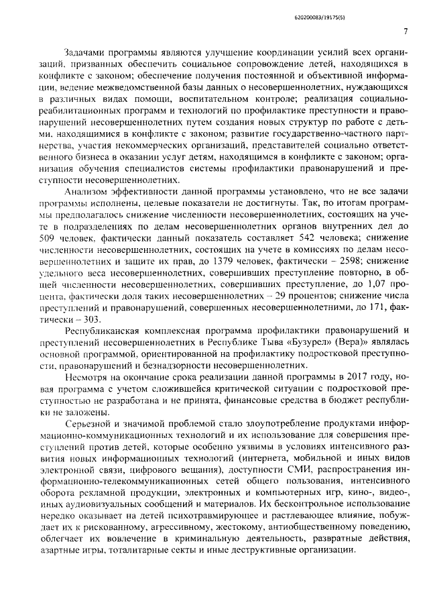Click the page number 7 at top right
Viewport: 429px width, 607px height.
pos(406,32)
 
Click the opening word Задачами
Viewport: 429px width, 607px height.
pos(86,52)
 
